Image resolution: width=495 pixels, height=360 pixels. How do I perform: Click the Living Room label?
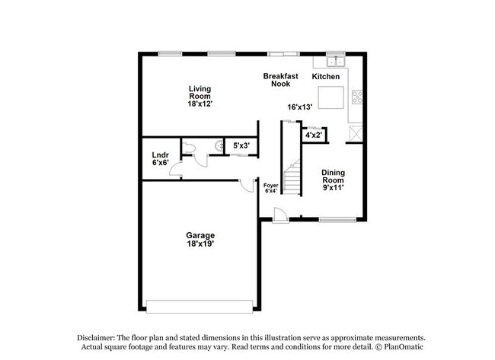(200, 96)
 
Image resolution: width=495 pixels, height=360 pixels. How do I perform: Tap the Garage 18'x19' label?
(201, 240)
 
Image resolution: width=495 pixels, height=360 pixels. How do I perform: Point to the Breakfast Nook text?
(277, 80)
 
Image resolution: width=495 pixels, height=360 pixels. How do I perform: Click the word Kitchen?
(326, 77)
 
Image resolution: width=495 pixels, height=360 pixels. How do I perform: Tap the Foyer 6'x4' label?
(271, 188)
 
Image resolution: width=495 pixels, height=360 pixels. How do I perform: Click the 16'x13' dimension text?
(300, 107)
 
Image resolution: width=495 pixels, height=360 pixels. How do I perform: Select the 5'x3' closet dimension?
(241, 145)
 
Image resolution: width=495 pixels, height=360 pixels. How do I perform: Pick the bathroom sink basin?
(219, 144)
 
